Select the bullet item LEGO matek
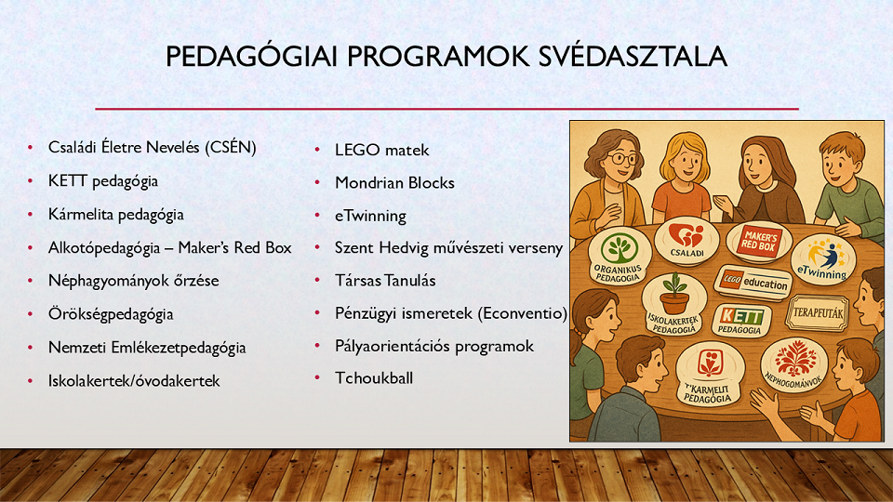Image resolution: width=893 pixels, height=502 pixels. (x=381, y=151)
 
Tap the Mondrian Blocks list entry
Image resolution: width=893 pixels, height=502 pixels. (x=394, y=183)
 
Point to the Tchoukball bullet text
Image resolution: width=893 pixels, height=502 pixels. (x=374, y=378)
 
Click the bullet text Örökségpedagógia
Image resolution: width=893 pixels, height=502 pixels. (x=111, y=314)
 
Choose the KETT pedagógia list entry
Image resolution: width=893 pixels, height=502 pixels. (x=103, y=181)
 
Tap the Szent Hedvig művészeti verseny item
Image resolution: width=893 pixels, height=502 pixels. (x=448, y=248)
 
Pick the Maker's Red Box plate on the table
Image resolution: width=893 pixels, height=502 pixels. (x=758, y=242)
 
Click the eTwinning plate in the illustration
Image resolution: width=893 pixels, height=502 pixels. (x=823, y=259)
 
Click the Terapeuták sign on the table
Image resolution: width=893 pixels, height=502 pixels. (x=818, y=312)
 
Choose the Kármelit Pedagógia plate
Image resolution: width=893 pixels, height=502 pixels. (x=710, y=374)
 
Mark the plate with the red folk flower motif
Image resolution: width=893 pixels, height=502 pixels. (x=795, y=364)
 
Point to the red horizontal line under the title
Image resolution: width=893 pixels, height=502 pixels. (x=446, y=108)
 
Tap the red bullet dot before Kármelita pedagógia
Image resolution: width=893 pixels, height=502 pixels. (x=30, y=215)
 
